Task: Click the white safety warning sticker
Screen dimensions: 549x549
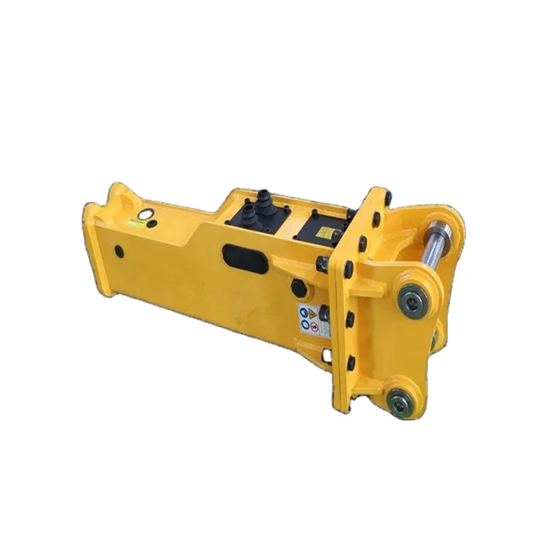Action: pyautogui.click(x=309, y=319)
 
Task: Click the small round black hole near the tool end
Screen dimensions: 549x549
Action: pyautogui.click(x=120, y=252)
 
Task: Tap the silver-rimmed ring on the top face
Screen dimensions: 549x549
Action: pyautogui.click(x=143, y=215)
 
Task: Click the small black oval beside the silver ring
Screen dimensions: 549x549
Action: pyautogui.click(x=152, y=224)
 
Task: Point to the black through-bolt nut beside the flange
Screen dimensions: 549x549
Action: pyautogui.click(x=323, y=263)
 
